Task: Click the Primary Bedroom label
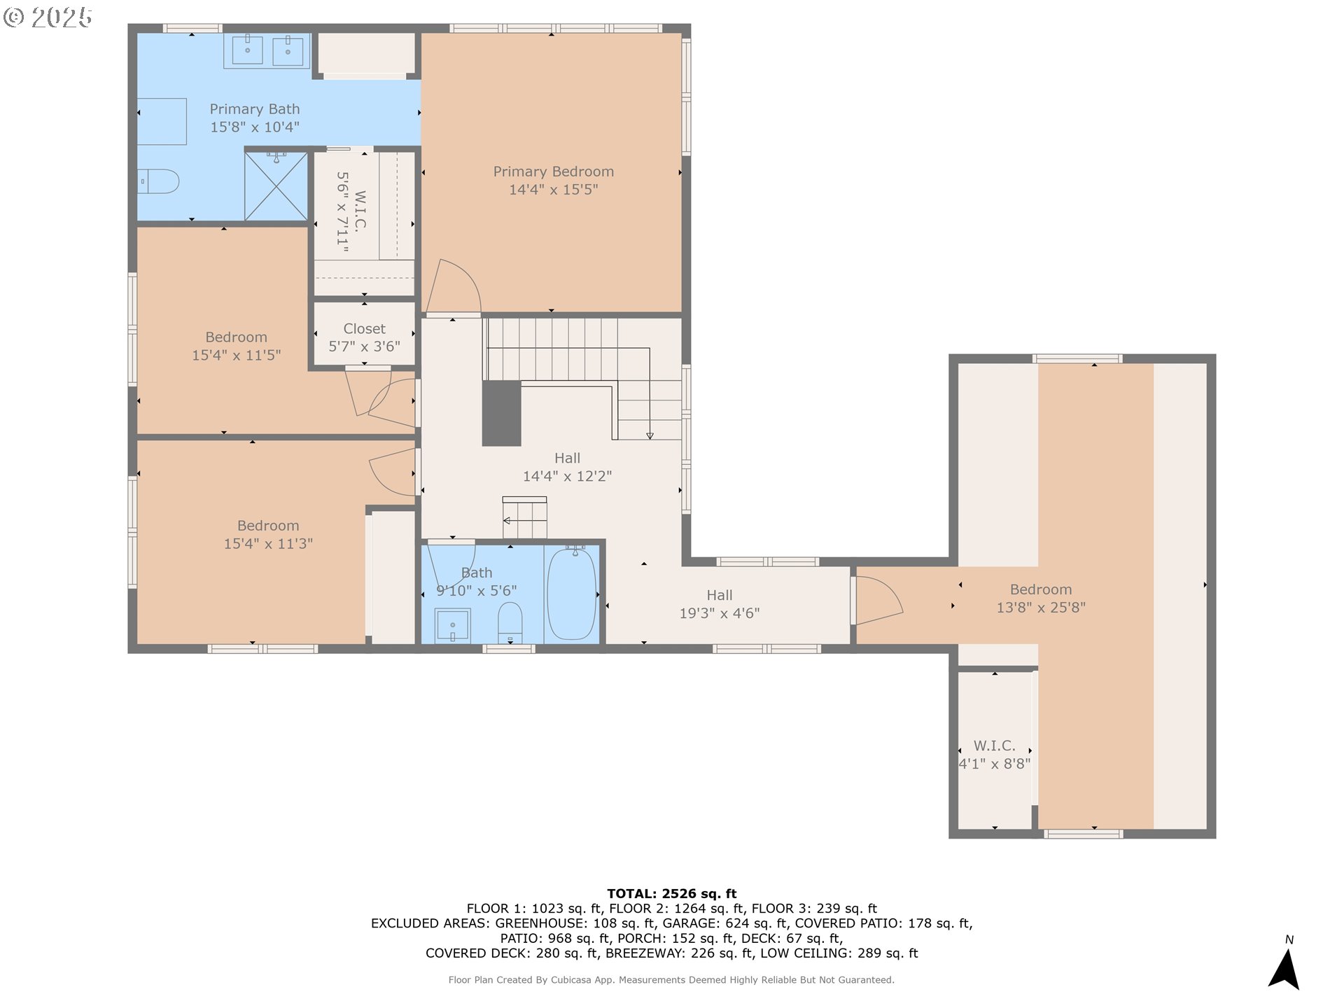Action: tap(553, 171)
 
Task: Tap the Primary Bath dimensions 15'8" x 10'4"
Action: tap(255, 127)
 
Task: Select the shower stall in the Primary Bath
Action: tap(276, 186)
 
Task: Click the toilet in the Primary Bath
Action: tap(158, 181)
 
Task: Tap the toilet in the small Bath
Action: tap(510, 622)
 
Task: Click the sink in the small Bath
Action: tap(452, 625)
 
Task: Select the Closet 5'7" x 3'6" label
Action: tap(364, 337)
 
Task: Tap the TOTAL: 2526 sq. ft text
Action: tap(671, 893)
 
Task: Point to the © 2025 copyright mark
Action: tap(48, 17)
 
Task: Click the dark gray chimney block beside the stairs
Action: tap(501, 413)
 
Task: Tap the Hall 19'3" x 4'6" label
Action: tap(720, 604)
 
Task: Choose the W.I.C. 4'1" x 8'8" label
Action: tap(994, 755)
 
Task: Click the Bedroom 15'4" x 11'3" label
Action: tap(268, 534)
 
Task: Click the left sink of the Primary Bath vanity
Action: tap(247, 50)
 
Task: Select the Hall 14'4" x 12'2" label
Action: tap(567, 467)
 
